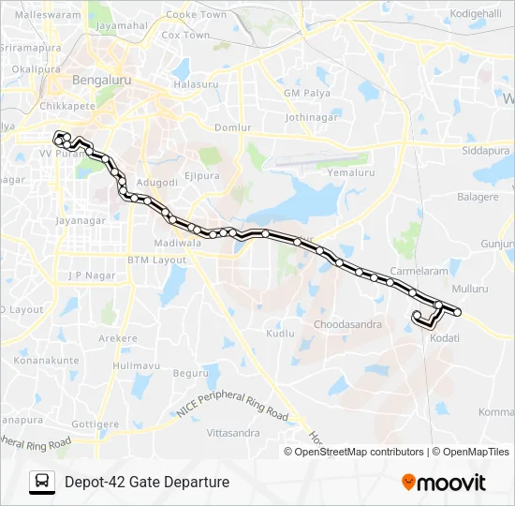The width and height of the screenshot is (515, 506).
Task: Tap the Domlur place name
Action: click(x=233, y=126)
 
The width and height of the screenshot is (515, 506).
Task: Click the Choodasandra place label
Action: click(x=349, y=324)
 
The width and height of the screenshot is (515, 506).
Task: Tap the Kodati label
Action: click(x=445, y=337)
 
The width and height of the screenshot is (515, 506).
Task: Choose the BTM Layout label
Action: click(x=157, y=259)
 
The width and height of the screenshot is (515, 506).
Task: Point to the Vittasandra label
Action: click(x=232, y=433)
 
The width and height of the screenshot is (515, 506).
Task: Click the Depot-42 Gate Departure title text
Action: click(x=147, y=482)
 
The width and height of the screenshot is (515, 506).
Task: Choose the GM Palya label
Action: click(x=305, y=95)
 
